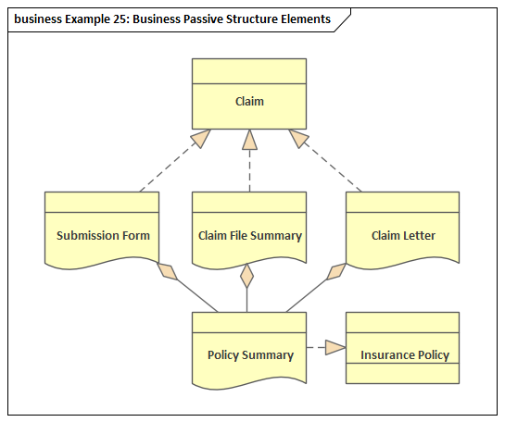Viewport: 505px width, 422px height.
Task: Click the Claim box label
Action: tap(249, 101)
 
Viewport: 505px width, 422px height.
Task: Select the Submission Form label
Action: tap(103, 235)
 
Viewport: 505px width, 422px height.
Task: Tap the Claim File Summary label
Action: tap(250, 236)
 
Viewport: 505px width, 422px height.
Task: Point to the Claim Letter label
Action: tap(403, 235)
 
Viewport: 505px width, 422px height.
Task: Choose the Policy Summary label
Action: tap(250, 355)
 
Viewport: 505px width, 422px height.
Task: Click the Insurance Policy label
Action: tap(405, 355)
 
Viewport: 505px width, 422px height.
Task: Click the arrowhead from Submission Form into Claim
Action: tap(201, 138)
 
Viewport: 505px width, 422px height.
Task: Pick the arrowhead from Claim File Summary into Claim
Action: tap(249, 140)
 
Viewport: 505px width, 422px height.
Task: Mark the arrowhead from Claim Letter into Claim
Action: tap(298, 138)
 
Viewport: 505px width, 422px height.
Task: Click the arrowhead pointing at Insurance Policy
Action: tap(335, 347)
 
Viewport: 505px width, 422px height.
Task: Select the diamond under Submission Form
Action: tap(167, 271)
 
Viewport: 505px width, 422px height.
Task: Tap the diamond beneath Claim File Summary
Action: tap(247, 276)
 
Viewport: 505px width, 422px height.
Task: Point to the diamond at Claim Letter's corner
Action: tap(336, 272)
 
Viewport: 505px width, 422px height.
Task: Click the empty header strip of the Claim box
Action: tap(249, 71)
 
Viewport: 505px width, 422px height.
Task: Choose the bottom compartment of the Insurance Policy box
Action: tap(402, 374)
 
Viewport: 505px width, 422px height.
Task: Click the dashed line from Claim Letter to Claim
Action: tap(330, 165)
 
